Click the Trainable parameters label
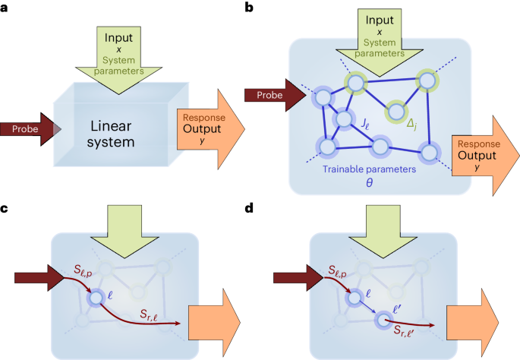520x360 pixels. pos(368,169)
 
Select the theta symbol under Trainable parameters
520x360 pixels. pos(369,183)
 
